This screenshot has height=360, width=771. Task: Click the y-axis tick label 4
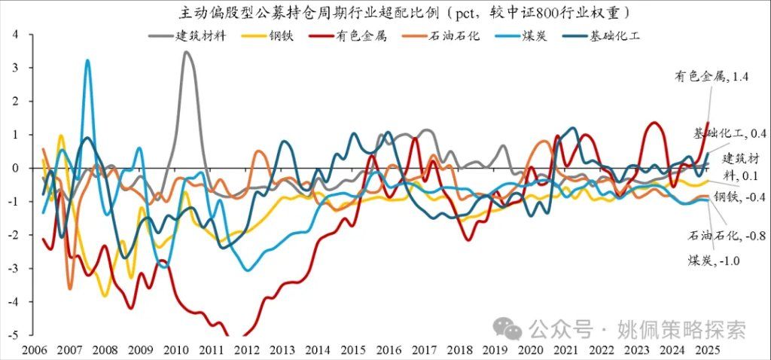16,34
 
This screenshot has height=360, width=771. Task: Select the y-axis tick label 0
16,168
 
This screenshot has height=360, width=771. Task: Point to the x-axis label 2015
352,350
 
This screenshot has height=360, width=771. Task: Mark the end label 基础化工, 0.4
729,133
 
